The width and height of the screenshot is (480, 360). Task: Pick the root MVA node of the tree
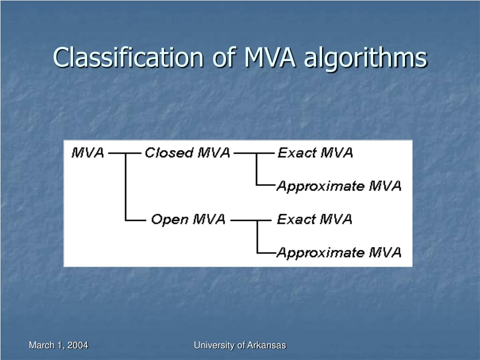coord(88,153)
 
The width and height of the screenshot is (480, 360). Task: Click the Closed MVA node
coord(187,153)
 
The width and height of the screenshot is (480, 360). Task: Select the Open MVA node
coord(188,219)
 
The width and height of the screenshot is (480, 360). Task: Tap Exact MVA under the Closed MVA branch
coord(315,153)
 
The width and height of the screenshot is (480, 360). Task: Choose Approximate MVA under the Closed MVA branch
coord(338,186)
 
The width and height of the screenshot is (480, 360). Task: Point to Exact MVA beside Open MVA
coord(315,219)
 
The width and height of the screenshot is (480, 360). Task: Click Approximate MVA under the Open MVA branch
coord(338,253)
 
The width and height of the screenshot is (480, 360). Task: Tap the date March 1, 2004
coord(59,345)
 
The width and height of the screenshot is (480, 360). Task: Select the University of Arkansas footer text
coord(240,345)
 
